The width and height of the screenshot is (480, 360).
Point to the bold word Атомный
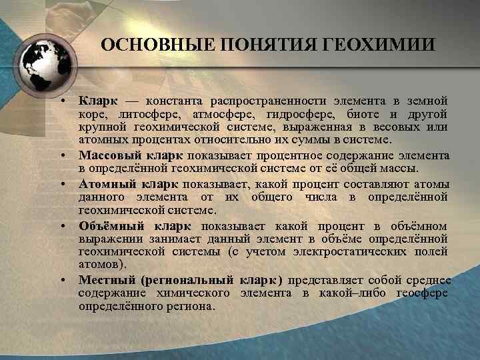(105, 184)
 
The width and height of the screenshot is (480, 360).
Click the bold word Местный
(104, 280)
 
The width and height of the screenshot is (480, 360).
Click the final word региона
(194, 307)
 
